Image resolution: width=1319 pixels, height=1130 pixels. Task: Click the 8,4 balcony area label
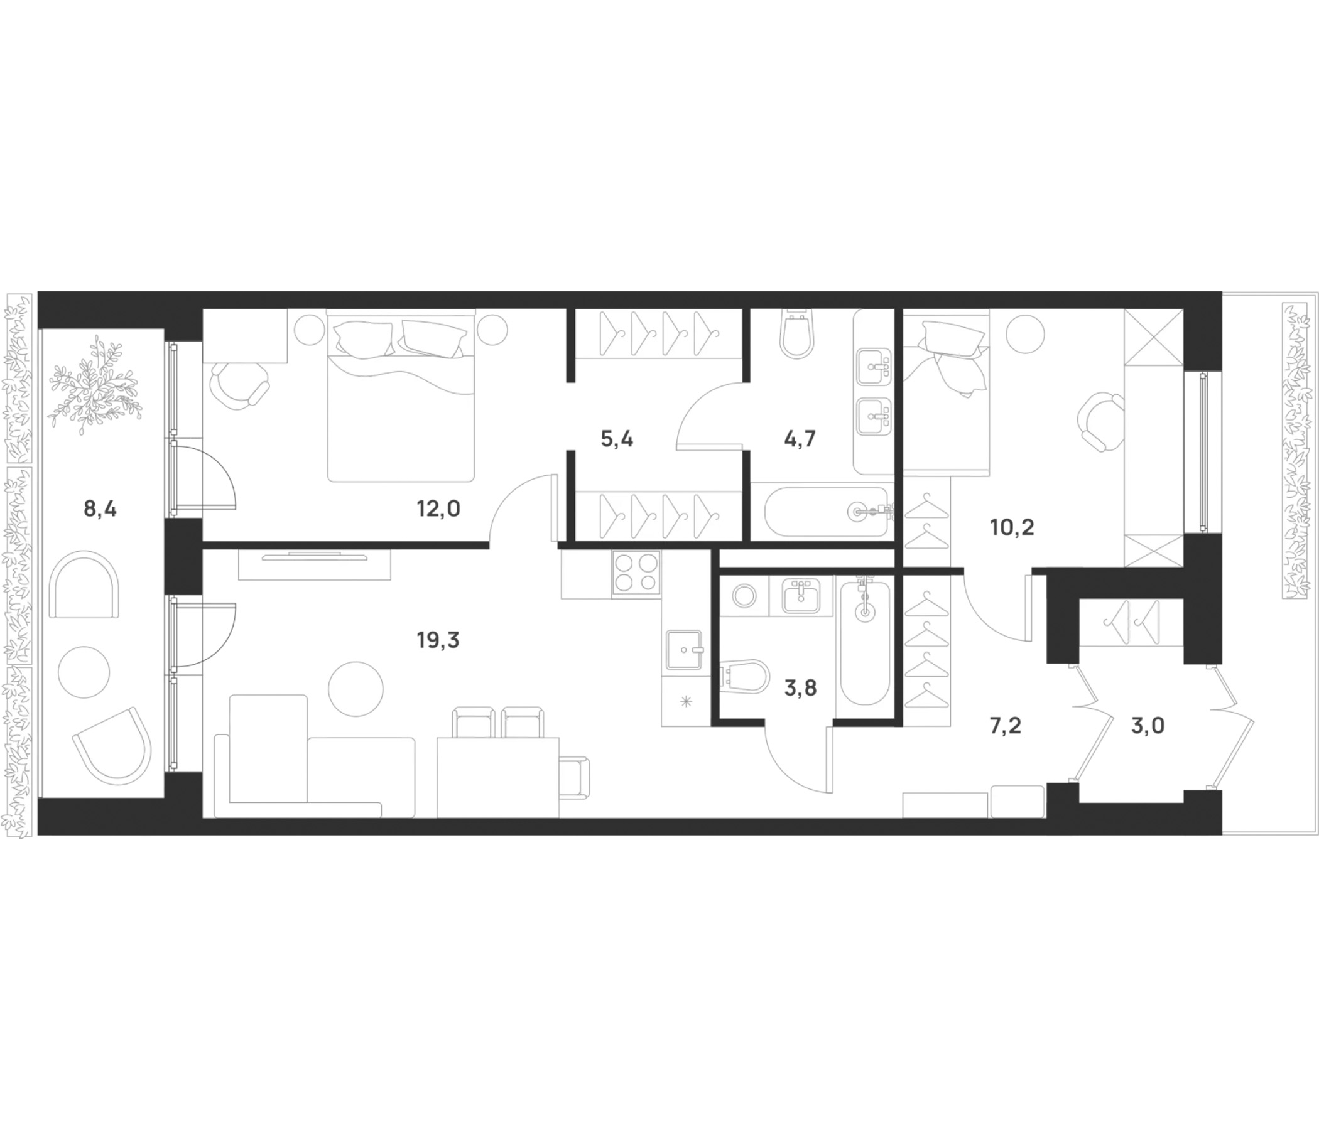pyautogui.click(x=100, y=509)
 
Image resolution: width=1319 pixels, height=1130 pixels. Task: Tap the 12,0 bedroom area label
pyautogui.click(x=438, y=509)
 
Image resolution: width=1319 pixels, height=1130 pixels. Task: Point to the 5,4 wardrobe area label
pyautogui.click(x=617, y=439)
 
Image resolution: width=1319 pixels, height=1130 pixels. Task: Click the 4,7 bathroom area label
pyautogui.click(x=800, y=439)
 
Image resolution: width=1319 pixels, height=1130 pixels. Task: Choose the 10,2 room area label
pyautogui.click(x=1012, y=527)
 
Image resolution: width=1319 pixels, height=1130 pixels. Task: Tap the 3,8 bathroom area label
pyautogui.click(x=800, y=688)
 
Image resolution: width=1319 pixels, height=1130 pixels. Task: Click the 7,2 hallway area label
pyautogui.click(x=1006, y=725)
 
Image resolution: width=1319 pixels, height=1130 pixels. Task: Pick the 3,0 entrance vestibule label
pyautogui.click(x=1148, y=725)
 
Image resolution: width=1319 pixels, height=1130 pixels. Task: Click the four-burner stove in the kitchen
pyautogui.click(x=636, y=574)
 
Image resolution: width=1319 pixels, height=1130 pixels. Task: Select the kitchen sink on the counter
pyautogui.click(x=685, y=650)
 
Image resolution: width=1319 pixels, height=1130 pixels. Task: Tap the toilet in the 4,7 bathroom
pyautogui.click(x=797, y=334)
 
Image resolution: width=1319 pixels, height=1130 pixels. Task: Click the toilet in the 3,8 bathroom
pyautogui.click(x=745, y=675)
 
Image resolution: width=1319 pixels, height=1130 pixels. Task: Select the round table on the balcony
pyautogui.click(x=84, y=672)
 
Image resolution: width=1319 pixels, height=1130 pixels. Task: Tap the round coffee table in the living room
pyautogui.click(x=356, y=689)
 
